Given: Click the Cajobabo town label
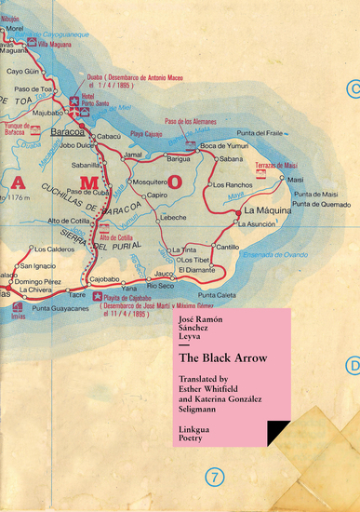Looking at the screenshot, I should [104, 279].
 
